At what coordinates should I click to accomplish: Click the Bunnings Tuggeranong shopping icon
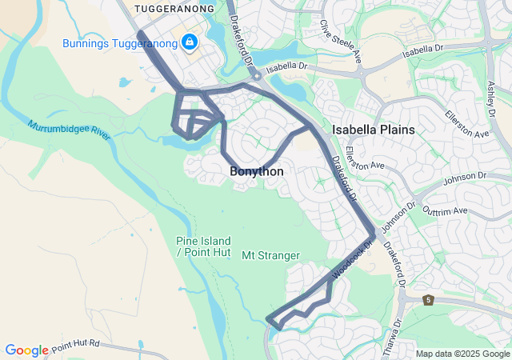click(190, 42)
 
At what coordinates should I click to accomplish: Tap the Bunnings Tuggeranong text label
click(122, 42)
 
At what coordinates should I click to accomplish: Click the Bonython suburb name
click(257, 171)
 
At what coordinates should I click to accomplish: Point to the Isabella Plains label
click(374, 129)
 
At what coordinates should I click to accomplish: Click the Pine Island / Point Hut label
click(203, 246)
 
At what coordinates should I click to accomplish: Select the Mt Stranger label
click(270, 256)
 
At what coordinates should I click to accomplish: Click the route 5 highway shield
click(429, 300)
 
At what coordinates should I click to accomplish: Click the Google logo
click(27, 350)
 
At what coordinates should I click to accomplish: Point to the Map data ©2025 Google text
click(462, 354)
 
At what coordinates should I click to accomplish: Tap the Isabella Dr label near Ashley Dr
click(424, 50)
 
